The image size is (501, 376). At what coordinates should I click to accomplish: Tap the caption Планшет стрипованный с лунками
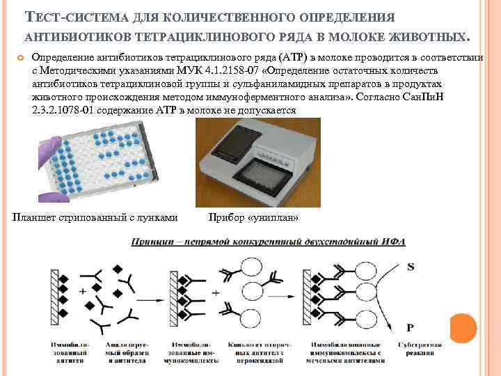95,218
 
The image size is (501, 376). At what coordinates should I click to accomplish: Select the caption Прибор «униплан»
253,218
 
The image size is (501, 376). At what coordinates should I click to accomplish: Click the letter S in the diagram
411,267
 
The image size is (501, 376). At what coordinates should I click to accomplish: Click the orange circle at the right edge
463,328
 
